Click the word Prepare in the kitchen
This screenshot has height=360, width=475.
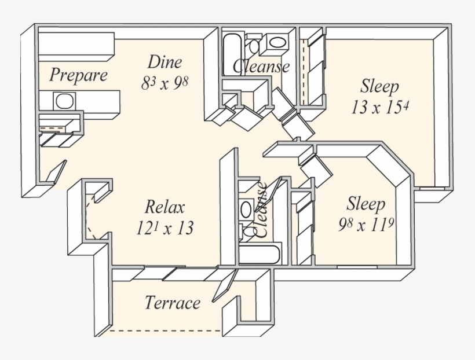pos(78,75)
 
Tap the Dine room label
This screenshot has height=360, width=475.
pos(165,62)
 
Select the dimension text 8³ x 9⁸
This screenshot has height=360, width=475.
pos(165,83)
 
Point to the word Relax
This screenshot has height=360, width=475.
pos(165,207)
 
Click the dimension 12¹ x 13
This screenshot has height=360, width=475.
pos(165,227)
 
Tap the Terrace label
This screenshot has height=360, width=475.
pos(173,303)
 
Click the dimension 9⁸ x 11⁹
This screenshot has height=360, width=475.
pos(366,225)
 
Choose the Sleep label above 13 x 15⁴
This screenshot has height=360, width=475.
pos(379,87)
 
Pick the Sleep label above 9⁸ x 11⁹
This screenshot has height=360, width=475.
pos(366,204)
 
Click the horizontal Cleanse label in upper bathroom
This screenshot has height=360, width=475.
pos(261,66)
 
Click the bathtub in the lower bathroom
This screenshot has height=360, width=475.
pos(259,255)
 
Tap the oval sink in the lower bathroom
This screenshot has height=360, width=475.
pos(246,209)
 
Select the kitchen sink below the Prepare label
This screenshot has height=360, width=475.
pos(64,101)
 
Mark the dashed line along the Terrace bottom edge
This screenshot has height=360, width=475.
pos(165,332)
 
